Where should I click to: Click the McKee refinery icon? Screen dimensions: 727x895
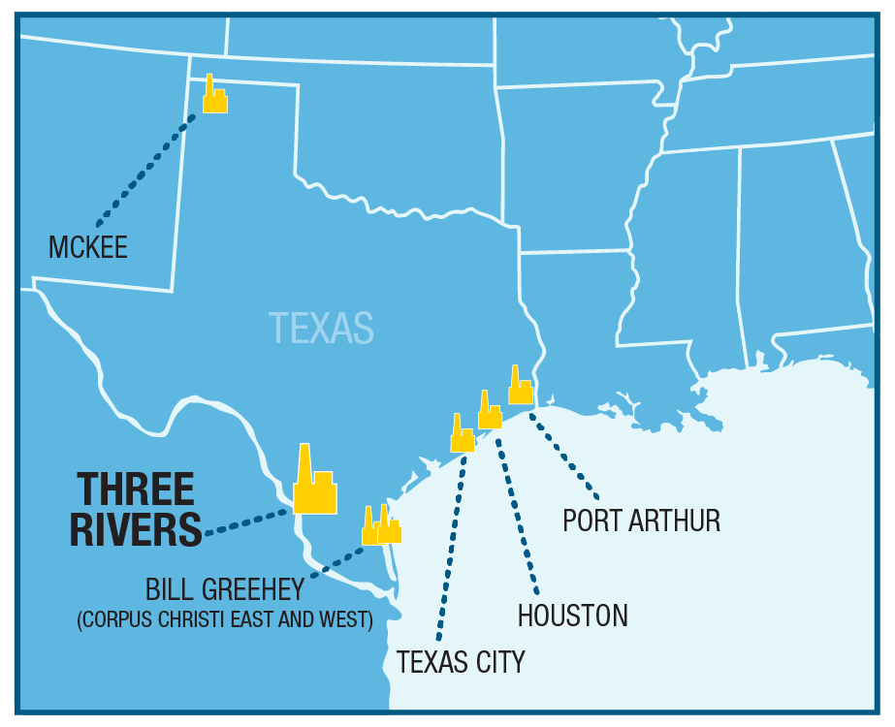[x=214, y=97]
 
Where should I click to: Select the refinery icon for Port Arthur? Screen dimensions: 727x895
[x=521, y=389]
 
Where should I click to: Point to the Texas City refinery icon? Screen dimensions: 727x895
[x=462, y=437]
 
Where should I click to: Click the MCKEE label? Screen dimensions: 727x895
[x=88, y=247]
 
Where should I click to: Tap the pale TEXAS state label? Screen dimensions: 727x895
[x=321, y=328]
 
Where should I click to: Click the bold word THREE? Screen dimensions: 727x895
[x=136, y=489]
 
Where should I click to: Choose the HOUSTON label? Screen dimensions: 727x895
[x=572, y=616]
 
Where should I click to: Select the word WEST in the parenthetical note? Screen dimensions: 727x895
[x=348, y=619]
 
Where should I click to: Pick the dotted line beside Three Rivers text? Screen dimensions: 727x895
[x=247, y=522]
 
